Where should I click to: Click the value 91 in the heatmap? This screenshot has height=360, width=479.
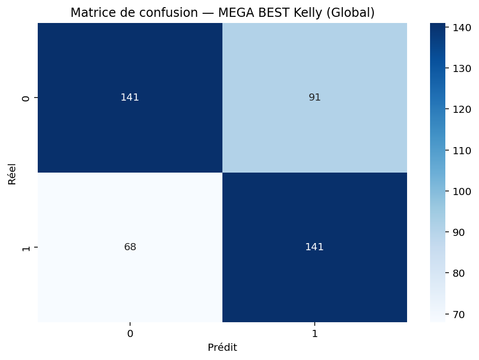click(315, 98)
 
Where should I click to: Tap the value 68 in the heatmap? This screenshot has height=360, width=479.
click(130, 247)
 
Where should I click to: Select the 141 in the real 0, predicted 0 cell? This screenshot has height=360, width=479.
click(130, 98)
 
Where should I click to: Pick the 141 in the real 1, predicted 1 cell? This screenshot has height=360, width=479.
click(315, 247)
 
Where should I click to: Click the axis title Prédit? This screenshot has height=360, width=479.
click(222, 348)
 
